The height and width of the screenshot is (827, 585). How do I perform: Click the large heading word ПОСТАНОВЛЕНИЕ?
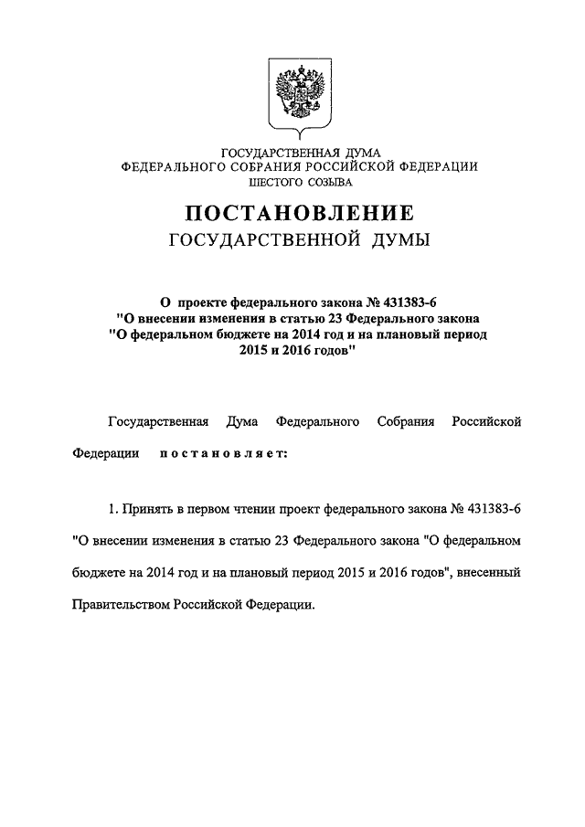(x=301, y=213)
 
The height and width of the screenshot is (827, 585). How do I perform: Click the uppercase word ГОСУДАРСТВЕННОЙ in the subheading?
(x=269, y=240)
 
